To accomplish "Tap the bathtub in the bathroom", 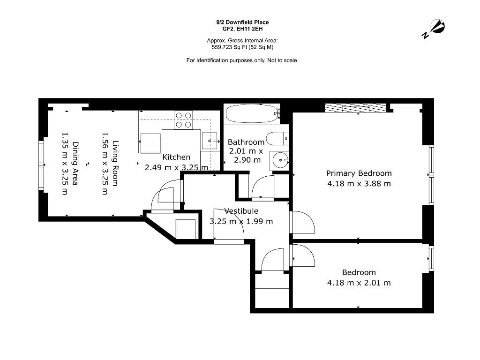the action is point(252,114).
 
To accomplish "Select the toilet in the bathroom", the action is point(277,139).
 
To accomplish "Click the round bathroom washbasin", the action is point(280,160).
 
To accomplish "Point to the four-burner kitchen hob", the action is point(183,120).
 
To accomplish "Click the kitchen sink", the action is point(210,141).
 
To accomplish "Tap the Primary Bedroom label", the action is point(359,173).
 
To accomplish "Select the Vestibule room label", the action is point(241,211).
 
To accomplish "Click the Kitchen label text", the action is point(176,157).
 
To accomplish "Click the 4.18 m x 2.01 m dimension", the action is point(359,283).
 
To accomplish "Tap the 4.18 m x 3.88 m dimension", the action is point(359,184).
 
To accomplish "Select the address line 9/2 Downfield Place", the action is point(242,22).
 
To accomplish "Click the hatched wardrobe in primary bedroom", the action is point(355,108).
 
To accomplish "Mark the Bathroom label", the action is point(246,142).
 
